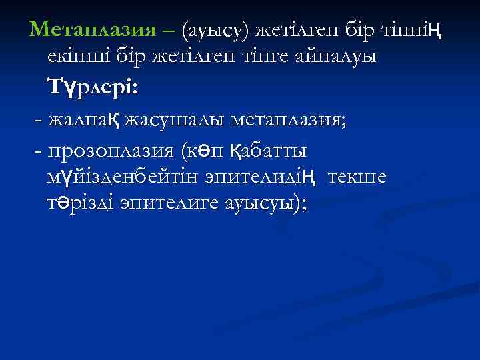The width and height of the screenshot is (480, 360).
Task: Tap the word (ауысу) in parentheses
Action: tap(225, 29)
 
